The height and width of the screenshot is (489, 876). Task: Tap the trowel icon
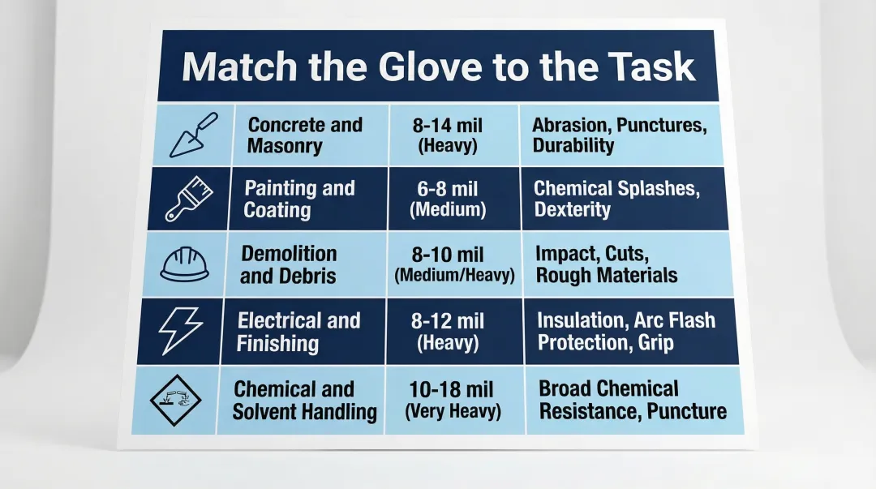(193, 135)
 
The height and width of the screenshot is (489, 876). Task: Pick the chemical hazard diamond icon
(176, 400)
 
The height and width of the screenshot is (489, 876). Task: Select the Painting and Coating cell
(299, 199)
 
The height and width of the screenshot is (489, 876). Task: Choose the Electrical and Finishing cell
(298, 332)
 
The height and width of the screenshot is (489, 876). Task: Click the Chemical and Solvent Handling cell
(304, 400)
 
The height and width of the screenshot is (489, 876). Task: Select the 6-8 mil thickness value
(448, 189)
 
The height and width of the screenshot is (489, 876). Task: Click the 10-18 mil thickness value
(453, 388)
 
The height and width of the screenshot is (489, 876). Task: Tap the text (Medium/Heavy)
(454, 276)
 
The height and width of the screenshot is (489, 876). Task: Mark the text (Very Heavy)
(453, 411)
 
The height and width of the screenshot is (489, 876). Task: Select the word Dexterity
(572, 210)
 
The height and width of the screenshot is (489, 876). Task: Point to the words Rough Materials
(606, 275)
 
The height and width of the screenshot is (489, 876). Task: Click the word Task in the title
(655, 67)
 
